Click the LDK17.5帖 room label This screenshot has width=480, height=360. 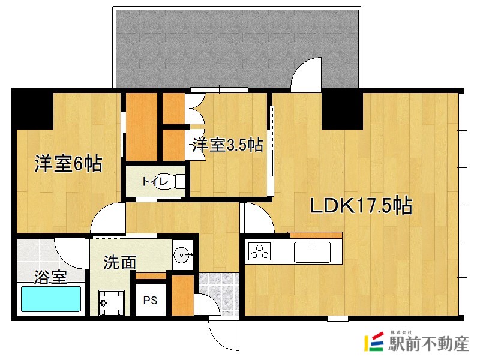point(360,206)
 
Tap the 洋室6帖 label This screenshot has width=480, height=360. point(67,163)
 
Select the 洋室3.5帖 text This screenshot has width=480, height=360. point(227,145)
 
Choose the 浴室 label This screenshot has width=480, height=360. point(50,277)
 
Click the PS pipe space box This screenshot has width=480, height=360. point(149,300)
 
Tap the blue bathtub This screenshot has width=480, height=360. point(51,298)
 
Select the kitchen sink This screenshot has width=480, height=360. point(312,251)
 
